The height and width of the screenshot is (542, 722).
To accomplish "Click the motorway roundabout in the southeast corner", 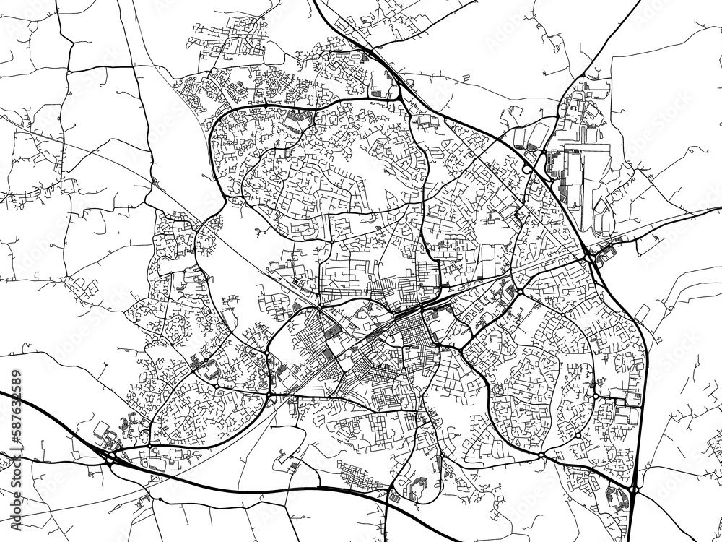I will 632,490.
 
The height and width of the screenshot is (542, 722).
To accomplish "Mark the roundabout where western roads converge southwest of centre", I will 270,395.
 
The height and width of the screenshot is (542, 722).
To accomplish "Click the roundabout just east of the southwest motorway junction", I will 148,449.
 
